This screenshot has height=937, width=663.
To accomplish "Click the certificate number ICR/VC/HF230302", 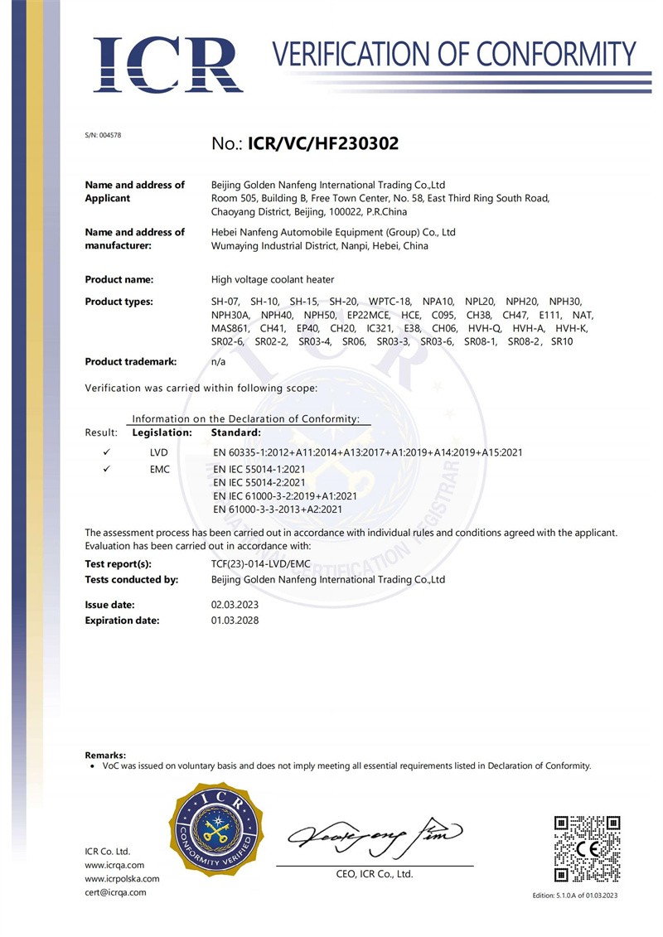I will (x=319, y=143).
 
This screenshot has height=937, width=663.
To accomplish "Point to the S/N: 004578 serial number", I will (x=104, y=135).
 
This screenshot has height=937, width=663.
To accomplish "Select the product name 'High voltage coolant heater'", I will (x=273, y=280).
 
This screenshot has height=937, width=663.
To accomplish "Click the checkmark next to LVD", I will (x=107, y=452).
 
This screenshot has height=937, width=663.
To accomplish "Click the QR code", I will (x=587, y=848).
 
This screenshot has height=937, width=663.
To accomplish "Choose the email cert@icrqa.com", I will (x=116, y=892).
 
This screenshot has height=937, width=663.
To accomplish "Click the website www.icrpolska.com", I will (x=123, y=879).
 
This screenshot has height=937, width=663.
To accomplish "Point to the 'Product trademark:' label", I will (x=127, y=362).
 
